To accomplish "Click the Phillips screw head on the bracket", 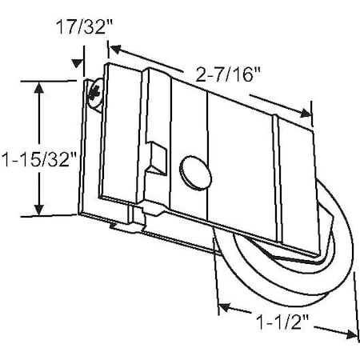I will (x=96, y=94).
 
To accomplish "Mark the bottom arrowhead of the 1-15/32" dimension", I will (x=38, y=210).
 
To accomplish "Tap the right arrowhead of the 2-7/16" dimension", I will (x=306, y=114).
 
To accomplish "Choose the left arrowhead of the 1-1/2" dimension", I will (x=224, y=306).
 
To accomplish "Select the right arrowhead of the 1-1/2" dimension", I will (x=350, y=332).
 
